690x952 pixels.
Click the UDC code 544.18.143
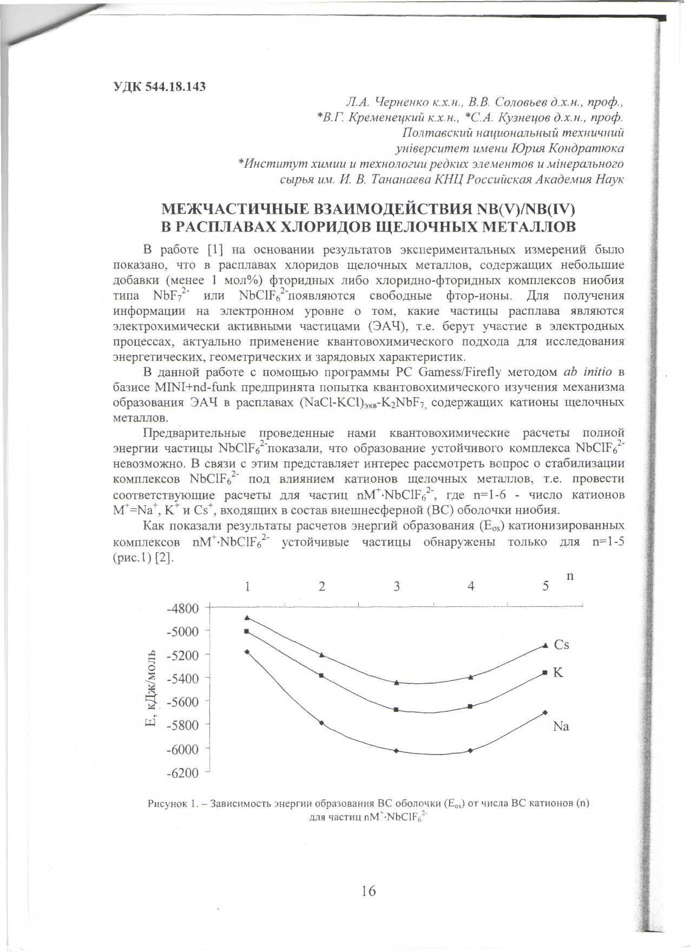click(160, 87)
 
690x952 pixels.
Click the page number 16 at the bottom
click(368, 890)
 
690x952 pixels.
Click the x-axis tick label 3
click(397, 586)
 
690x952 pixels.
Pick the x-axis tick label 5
click(546, 586)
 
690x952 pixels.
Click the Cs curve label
click(561, 645)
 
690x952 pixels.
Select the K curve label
click(557, 673)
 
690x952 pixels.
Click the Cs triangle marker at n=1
click(247, 617)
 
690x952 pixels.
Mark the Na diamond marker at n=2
click(321, 723)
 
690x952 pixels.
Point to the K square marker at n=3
click(396, 709)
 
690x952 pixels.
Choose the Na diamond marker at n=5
click(545, 712)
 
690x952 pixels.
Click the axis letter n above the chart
click(569, 577)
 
